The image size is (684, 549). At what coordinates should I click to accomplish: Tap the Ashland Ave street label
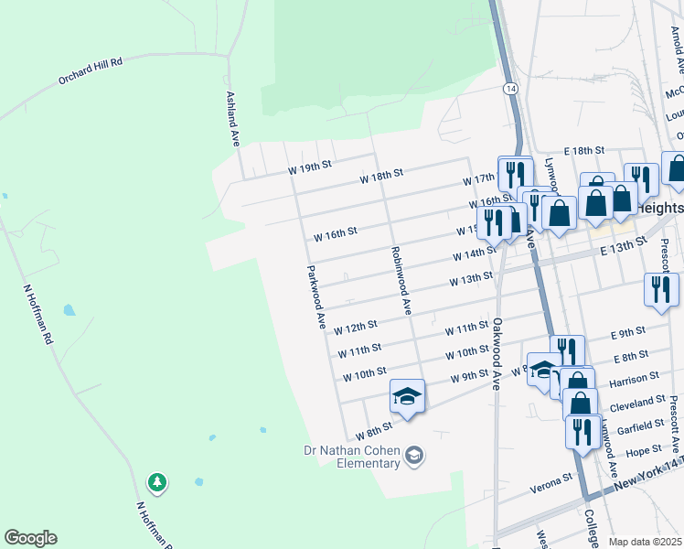tap(233, 118)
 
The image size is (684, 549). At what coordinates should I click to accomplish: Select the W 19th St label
tap(308, 168)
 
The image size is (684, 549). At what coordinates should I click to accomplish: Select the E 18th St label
tap(584, 150)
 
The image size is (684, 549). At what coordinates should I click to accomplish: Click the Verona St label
tap(554, 478)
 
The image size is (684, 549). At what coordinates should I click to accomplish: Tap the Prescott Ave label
tap(673, 424)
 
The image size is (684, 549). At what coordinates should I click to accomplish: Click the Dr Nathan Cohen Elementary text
tap(352, 456)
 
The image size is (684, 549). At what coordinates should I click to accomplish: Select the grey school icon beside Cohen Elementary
tap(415, 455)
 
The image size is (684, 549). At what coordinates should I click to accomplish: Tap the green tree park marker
tap(157, 481)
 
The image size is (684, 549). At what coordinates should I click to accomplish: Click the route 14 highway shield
tap(508, 88)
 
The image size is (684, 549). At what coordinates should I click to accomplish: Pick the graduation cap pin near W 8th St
tap(407, 396)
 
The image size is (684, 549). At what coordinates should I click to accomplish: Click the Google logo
tap(30, 538)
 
